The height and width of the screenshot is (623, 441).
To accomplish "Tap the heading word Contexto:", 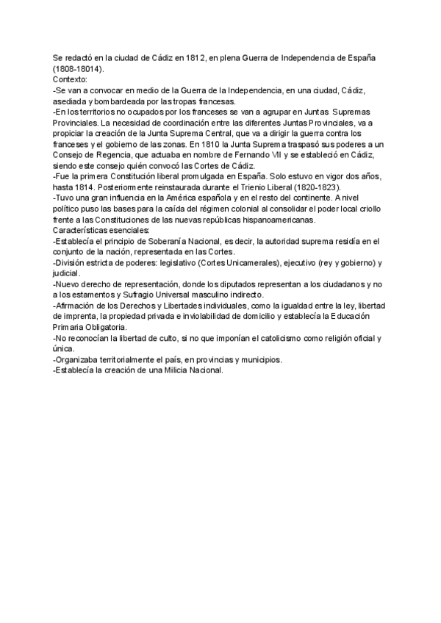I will (x=70, y=79).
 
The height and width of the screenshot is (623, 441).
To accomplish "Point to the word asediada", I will (x=71, y=101).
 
